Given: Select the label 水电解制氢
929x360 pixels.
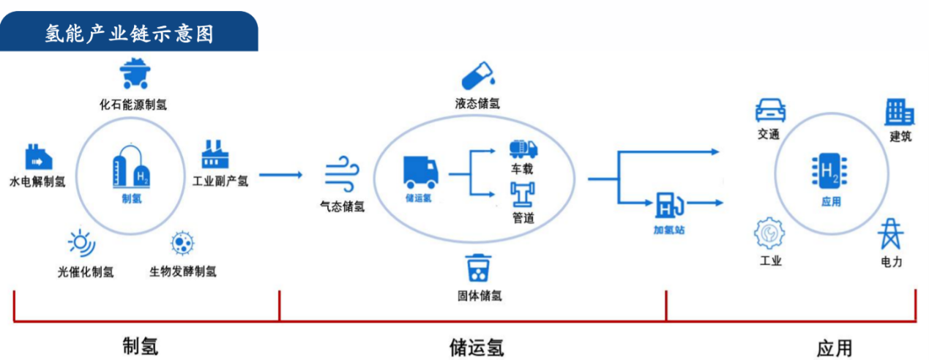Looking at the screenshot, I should coord(37,181).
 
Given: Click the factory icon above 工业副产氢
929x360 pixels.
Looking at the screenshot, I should coord(215,154).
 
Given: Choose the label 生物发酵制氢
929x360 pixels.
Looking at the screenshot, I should coord(183,272).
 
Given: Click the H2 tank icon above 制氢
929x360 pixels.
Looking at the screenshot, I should coord(132,168).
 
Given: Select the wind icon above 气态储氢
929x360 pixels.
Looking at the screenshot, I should coord(342,176).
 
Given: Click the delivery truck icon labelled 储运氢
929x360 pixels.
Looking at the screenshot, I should coord(420,173).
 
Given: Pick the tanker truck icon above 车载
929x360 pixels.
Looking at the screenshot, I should coord(523,149).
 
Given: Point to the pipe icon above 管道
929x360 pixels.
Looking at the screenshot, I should coord(523,195).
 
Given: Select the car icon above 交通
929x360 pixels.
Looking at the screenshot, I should coord(770,110).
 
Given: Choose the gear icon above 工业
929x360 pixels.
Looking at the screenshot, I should coord(769,234).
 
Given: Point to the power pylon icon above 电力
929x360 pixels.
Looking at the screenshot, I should coord(891,234).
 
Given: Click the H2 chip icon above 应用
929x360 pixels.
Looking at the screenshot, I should coord(830,173).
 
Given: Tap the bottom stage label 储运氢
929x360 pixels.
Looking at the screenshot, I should coord(477,346).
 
